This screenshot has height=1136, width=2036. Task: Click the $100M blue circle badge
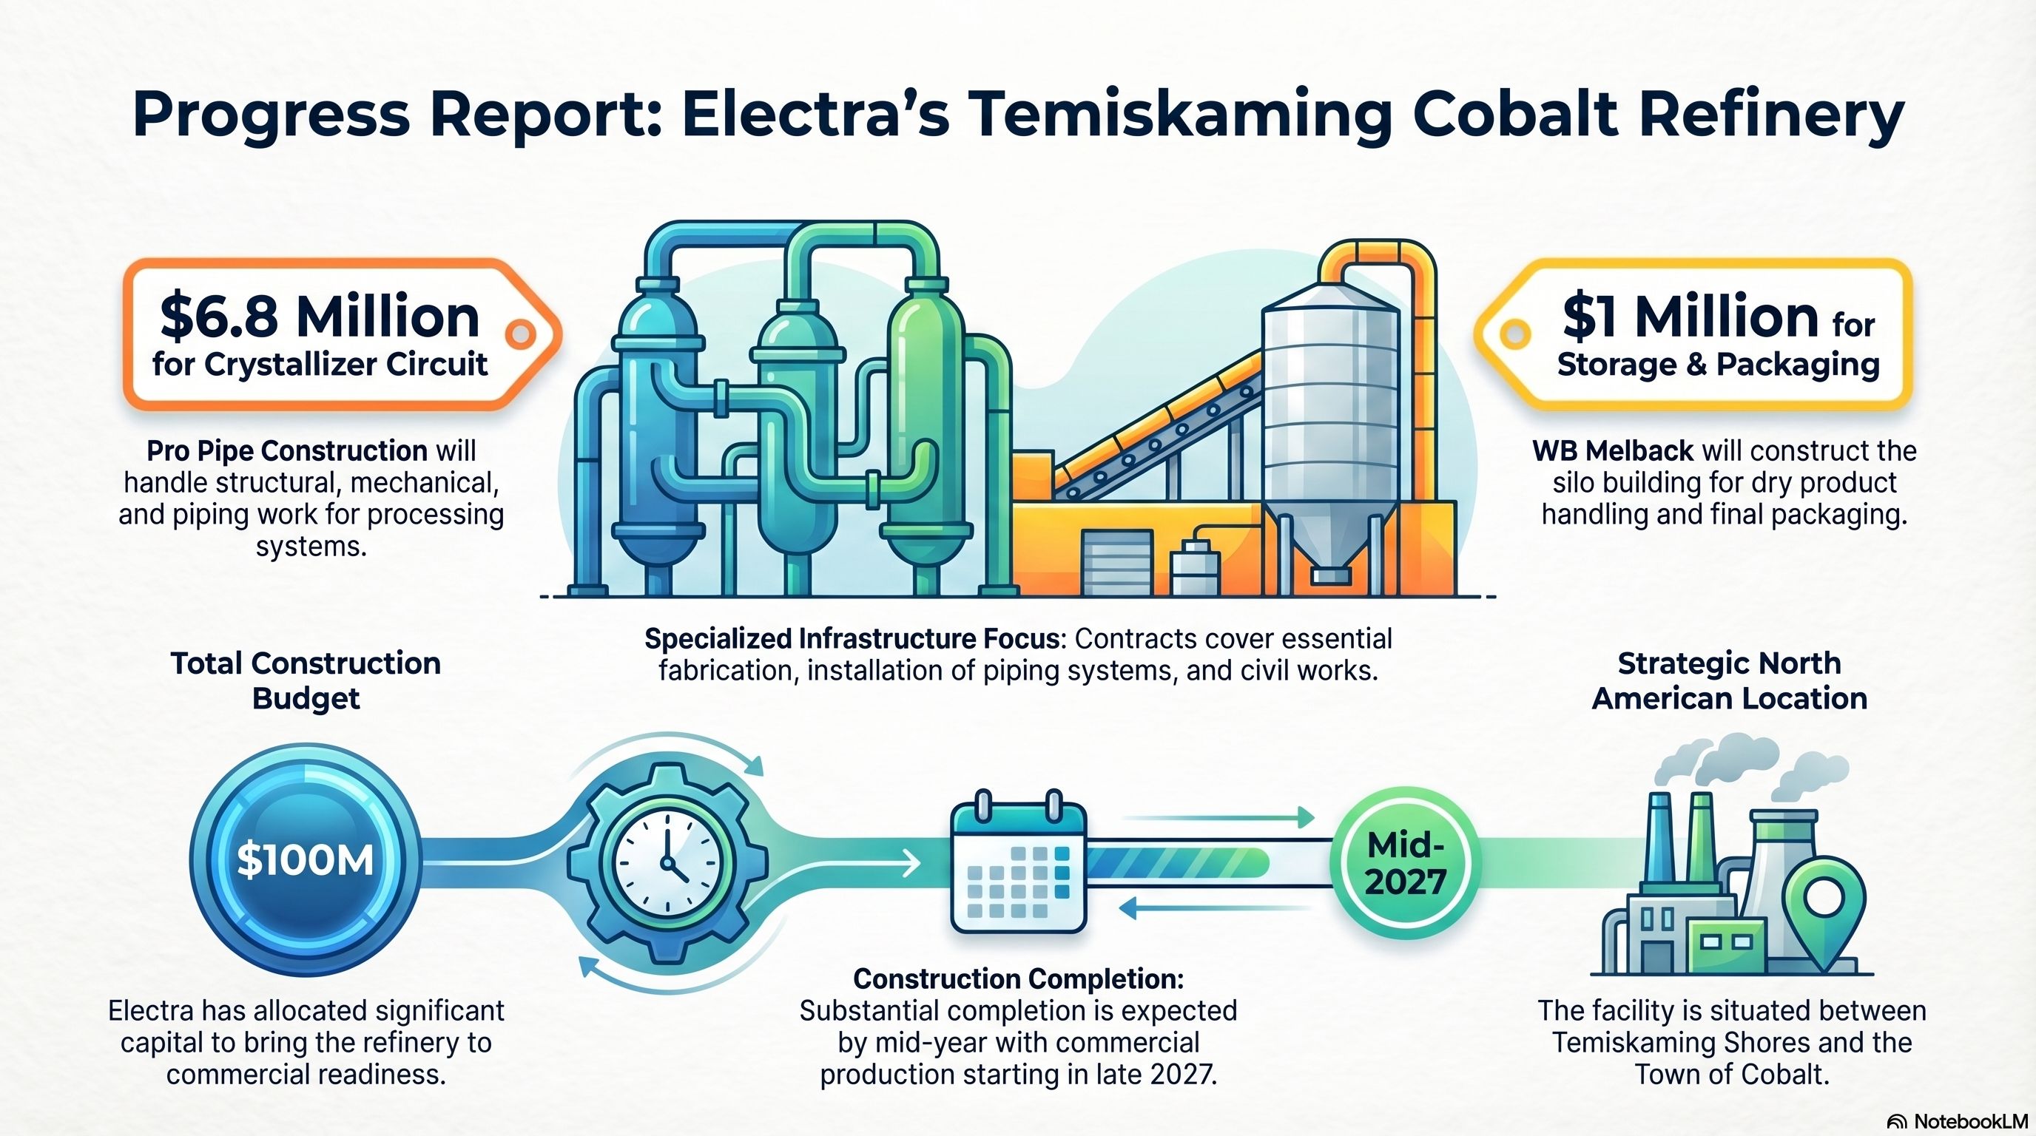coord(305,859)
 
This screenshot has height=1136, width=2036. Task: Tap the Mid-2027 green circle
coord(1405,862)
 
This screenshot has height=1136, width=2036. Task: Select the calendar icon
coord(1018,862)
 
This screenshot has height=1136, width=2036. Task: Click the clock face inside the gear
coord(668,861)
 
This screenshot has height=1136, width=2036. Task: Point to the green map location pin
coord(1826,916)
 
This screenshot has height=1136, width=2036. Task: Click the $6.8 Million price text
coord(320,316)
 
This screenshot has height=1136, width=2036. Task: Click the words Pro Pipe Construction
coord(287,451)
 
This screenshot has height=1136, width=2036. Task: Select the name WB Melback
coord(1612,451)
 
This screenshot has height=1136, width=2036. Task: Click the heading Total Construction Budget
coord(306,680)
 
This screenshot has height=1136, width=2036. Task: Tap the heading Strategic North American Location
coord(1729,680)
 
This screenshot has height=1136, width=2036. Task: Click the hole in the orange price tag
coord(519,334)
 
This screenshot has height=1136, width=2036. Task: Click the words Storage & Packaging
coord(1719,364)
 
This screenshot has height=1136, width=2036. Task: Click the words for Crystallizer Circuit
coord(320,364)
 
